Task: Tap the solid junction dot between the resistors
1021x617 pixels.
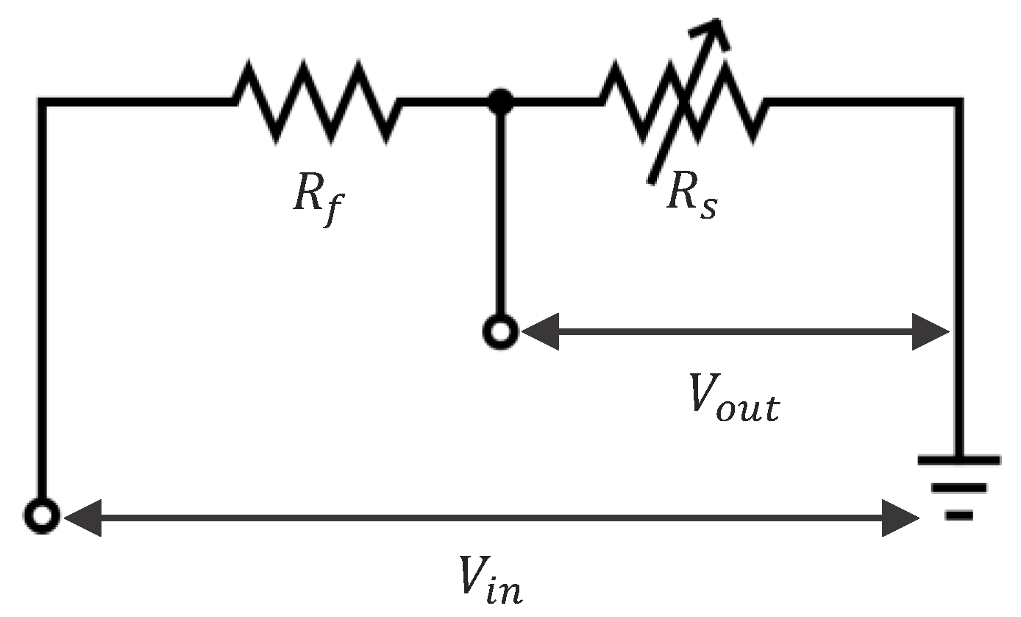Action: tap(501, 101)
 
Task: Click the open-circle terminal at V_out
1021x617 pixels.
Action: tap(500, 332)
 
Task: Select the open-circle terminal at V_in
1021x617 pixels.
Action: tap(43, 515)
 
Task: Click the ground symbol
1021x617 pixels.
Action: tap(958, 486)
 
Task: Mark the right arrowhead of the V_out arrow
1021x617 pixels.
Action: tap(931, 332)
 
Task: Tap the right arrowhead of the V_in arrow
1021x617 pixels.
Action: tap(902, 517)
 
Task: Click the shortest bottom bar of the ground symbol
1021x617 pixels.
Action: tap(959, 515)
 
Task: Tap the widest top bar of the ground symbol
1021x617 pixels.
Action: tap(958, 460)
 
